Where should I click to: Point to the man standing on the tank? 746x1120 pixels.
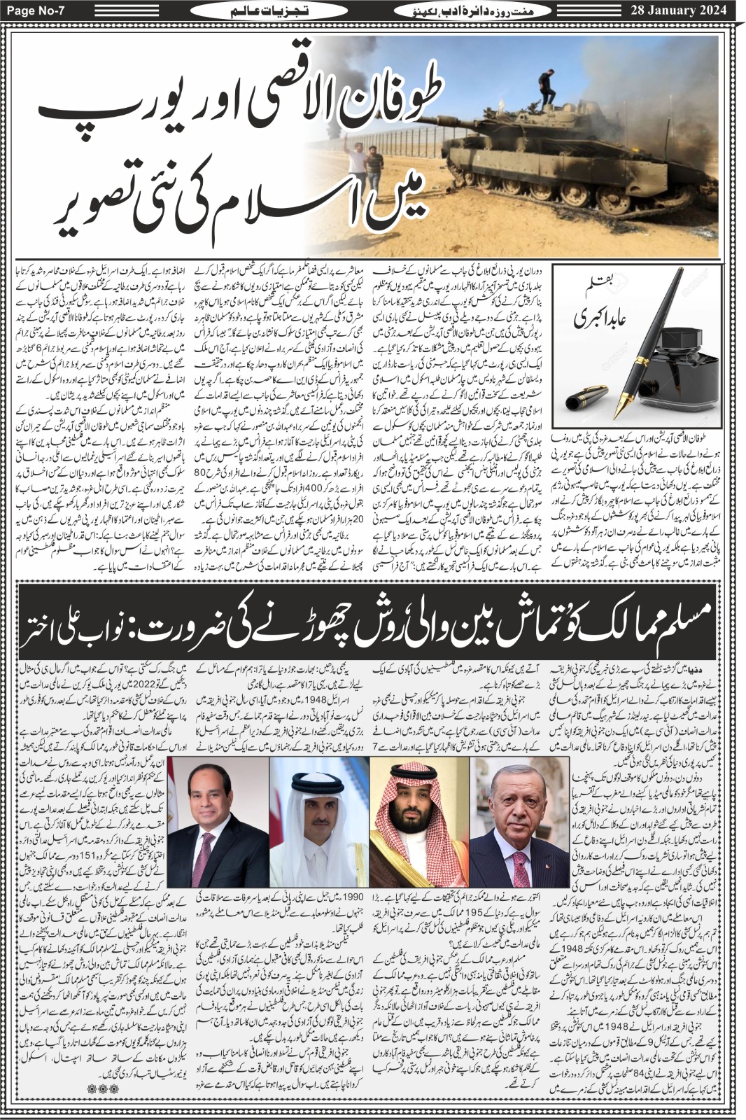click(547, 88)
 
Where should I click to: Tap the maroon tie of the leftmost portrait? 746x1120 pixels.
click(204, 868)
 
